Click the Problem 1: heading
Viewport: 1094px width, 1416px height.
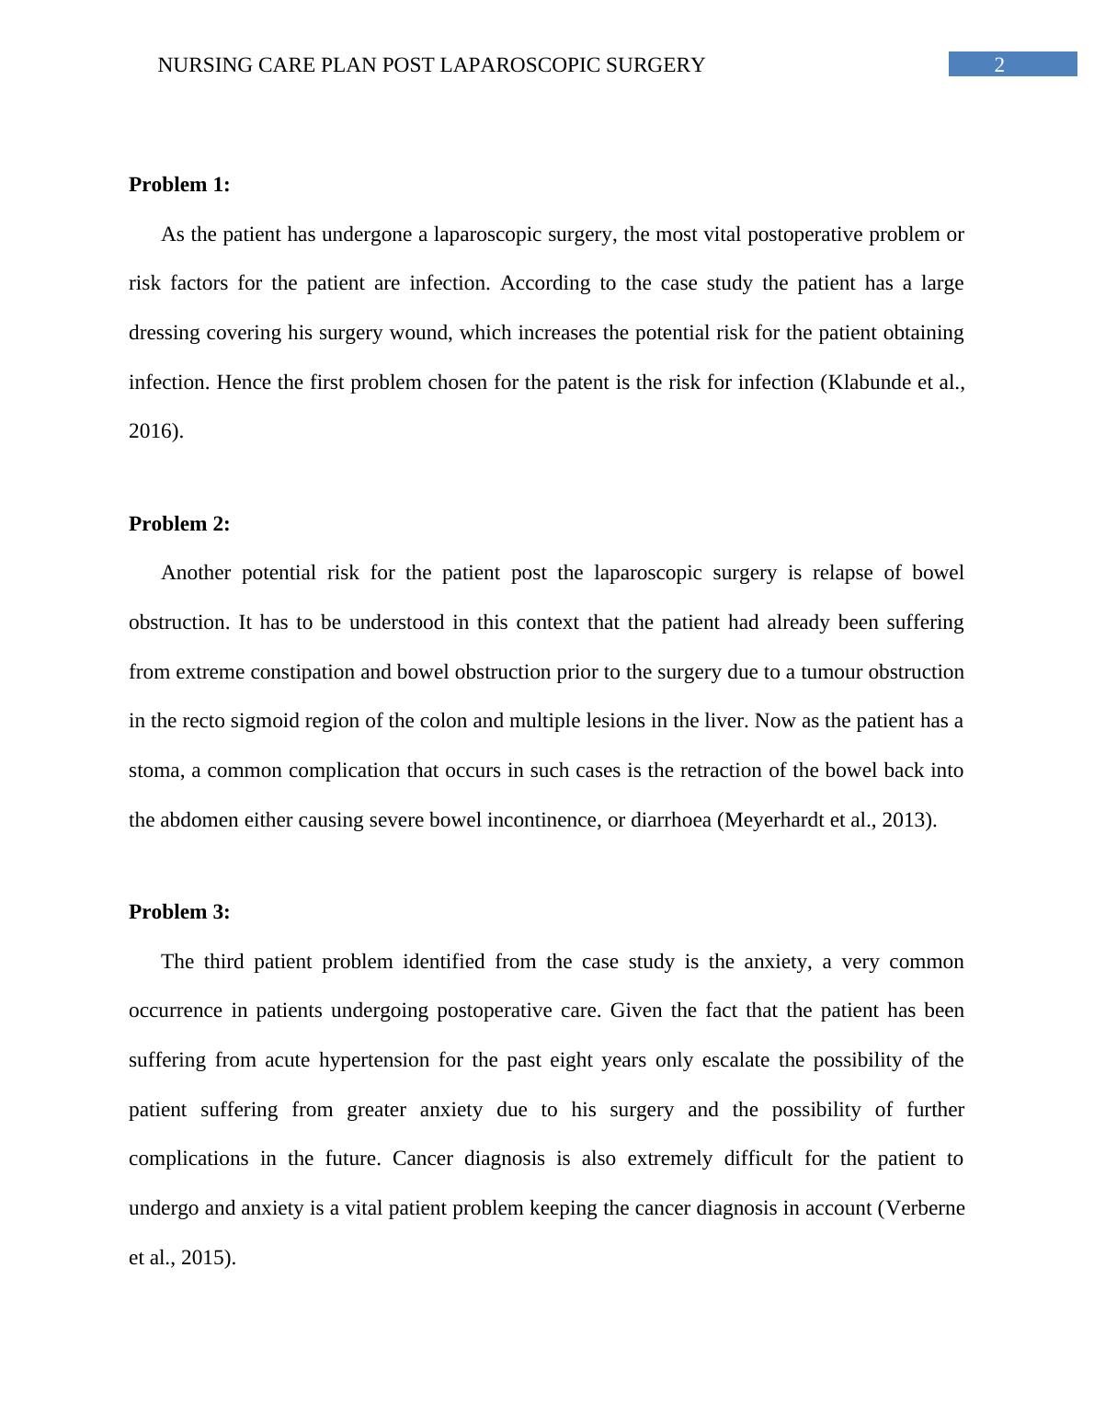tap(179, 185)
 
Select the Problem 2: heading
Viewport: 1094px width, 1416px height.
tap(179, 524)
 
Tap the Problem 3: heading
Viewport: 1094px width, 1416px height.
tap(179, 912)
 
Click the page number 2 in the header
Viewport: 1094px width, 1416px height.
tap(999, 64)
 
